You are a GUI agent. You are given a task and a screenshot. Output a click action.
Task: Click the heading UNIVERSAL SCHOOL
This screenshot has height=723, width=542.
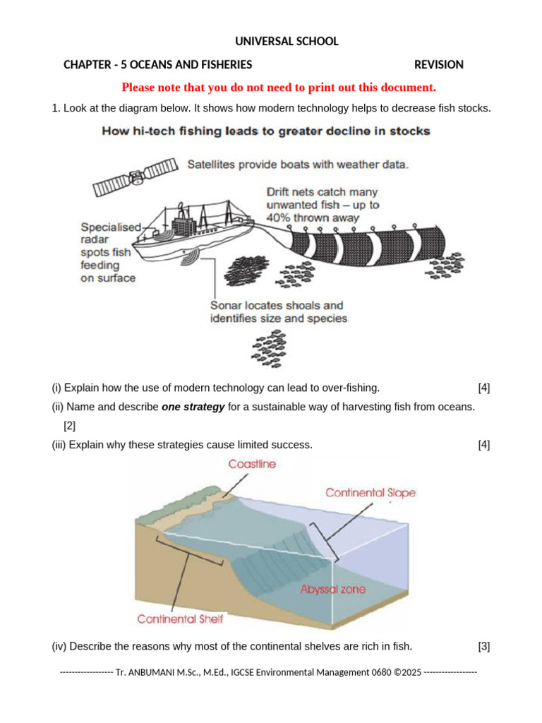pyautogui.click(x=287, y=42)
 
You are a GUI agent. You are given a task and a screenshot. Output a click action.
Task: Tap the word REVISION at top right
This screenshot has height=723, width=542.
pyautogui.click(x=438, y=65)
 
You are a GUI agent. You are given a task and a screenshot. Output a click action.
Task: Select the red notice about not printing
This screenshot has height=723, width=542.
pyautogui.click(x=279, y=88)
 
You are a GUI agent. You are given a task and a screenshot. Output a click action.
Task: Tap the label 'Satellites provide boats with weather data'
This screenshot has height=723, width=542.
pyautogui.click(x=297, y=165)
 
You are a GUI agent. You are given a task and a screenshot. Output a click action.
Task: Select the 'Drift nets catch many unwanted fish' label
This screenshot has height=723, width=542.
pyautogui.click(x=323, y=205)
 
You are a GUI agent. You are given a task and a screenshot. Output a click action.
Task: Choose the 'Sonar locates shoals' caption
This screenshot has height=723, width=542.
pyautogui.click(x=278, y=312)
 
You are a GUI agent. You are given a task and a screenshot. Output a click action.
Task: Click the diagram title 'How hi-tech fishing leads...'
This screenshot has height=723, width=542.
pyautogui.click(x=266, y=131)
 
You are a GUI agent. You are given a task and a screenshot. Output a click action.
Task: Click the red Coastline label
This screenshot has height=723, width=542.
pyautogui.click(x=252, y=464)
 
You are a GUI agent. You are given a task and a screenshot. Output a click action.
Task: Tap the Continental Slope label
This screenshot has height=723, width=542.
pyautogui.click(x=371, y=493)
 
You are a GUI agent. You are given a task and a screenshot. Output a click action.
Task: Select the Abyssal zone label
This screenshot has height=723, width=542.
pyautogui.click(x=333, y=589)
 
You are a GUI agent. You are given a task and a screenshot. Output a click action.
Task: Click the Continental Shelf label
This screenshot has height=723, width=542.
pyautogui.click(x=180, y=619)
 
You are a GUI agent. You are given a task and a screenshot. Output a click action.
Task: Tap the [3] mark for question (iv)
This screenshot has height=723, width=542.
pyautogui.click(x=483, y=646)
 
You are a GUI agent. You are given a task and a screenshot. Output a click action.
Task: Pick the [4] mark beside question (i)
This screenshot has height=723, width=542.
pyautogui.click(x=483, y=388)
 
